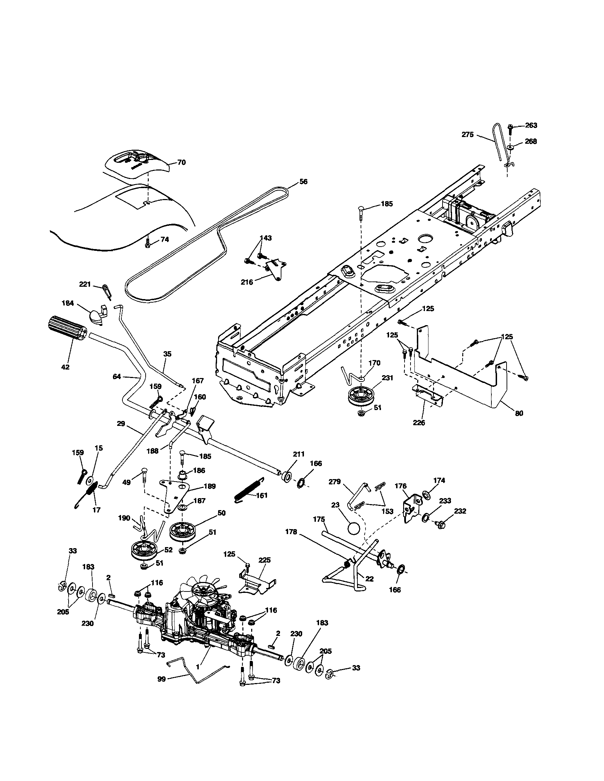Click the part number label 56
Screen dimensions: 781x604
[303, 181]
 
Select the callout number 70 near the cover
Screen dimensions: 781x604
[182, 162]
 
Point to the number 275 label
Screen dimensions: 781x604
[468, 135]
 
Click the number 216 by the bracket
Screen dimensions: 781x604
[247, 282]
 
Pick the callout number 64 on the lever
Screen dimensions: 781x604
[117, 376]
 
